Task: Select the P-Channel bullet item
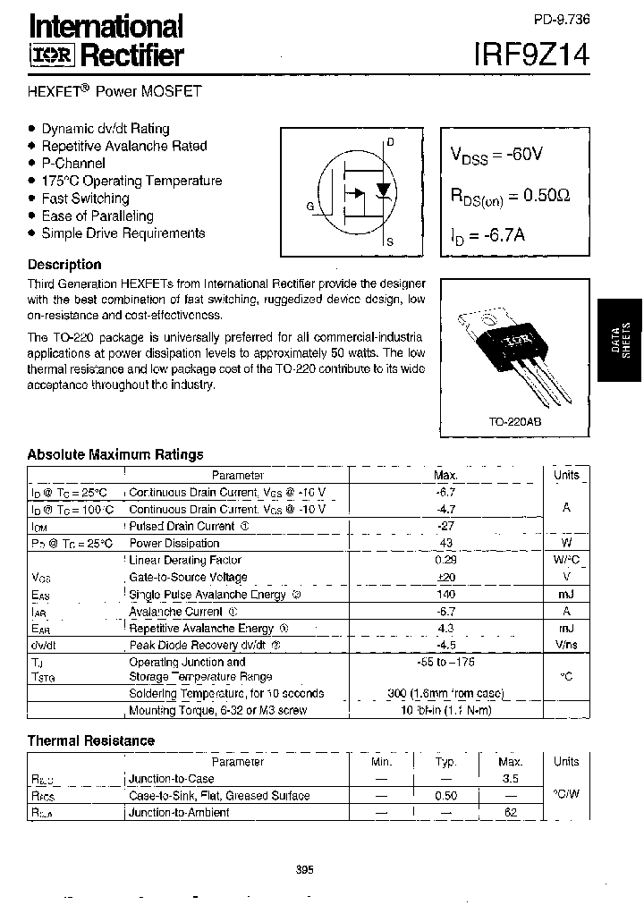[x=72, y=163]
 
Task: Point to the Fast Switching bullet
[x=85, y=199]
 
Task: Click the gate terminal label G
[x=309, y=207]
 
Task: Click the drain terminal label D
[x=390, y=142]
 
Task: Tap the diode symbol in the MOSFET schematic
[x=384, y=190]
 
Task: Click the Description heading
[x=64, y=265]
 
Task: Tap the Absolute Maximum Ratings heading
[x=115, y=454]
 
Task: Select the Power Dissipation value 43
[x=446, y=544]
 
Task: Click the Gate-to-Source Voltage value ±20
[x=446, y=578]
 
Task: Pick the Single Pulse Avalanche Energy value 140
[x=446, y=595]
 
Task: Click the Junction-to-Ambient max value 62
[x=511, y=813]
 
